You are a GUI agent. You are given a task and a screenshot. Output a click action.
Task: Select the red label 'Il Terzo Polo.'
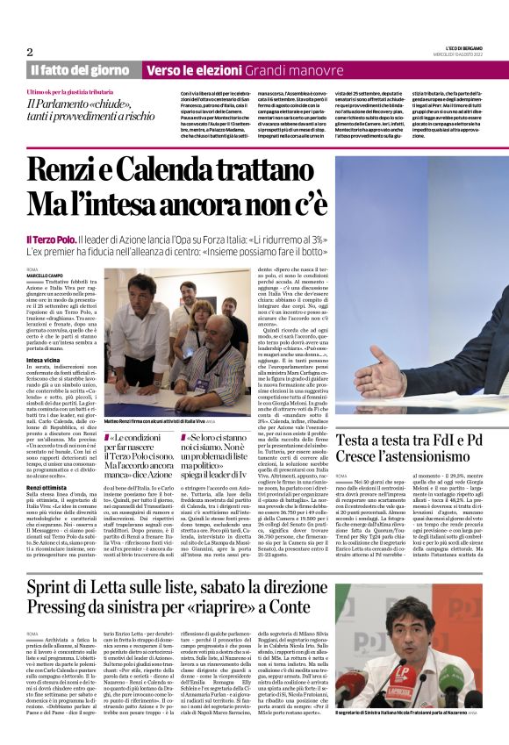50,239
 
